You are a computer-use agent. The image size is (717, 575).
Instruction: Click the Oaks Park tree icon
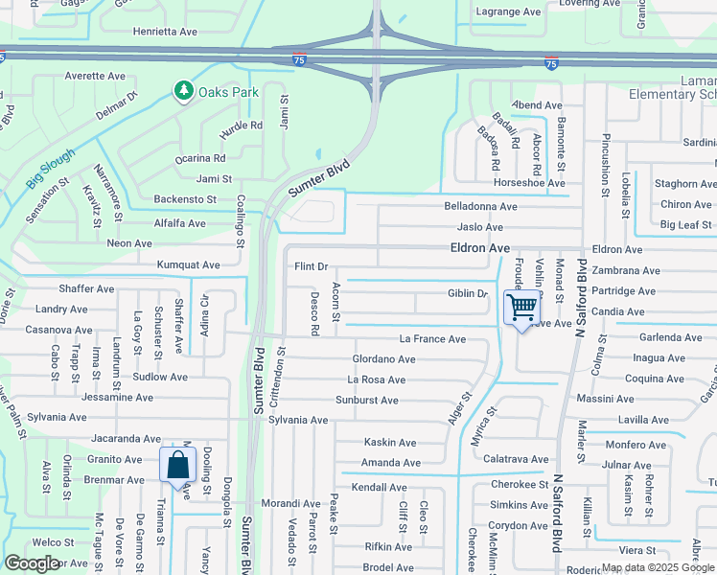(183, 91)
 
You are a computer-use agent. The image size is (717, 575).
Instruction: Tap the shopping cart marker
(522, 308)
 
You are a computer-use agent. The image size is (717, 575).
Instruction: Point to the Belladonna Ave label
(480, 206)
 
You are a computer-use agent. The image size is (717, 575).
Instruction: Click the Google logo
(32, 563)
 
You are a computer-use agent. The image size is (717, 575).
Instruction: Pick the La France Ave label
(432, 339)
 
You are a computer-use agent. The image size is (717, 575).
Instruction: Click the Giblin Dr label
(468, 293)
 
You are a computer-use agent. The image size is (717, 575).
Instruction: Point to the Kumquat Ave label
(190, 264)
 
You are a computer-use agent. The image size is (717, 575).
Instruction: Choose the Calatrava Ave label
(515, 459)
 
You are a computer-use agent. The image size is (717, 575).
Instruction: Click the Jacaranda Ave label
(123, 438)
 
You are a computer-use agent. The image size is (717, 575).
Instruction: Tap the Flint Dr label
(311, 266)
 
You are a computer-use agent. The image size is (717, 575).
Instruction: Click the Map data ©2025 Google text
(659, 567)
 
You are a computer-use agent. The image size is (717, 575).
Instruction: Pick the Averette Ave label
(97, 76)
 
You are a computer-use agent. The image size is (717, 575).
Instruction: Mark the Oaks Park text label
(228, 92)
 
